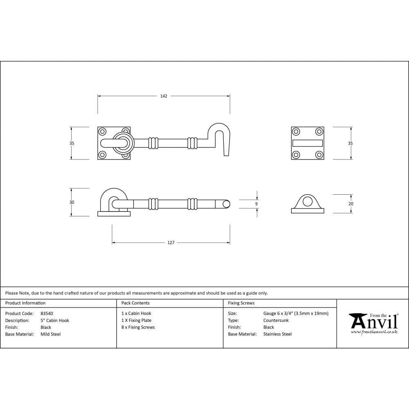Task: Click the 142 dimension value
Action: pos(164,96)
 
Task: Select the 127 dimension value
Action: pos(171,243)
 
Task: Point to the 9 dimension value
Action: pos(256,204)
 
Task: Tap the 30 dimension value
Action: pos(72,202)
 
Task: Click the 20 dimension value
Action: pos(351,204)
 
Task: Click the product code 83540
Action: pos(47,313)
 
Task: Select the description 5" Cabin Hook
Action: pos(55,320)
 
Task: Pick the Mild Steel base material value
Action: pos(51,334)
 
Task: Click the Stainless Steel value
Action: pos(277,334)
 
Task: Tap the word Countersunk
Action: pos(276,320)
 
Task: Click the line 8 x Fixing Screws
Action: pos(138,327)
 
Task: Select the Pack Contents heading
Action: pos(135,303)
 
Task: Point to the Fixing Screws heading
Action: pos(241,303)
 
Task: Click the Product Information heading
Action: pos(25,303)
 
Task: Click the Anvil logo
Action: pos(373,321)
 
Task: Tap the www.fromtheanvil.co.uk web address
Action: pos(374,332)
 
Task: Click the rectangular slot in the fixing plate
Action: pos(308,143)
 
